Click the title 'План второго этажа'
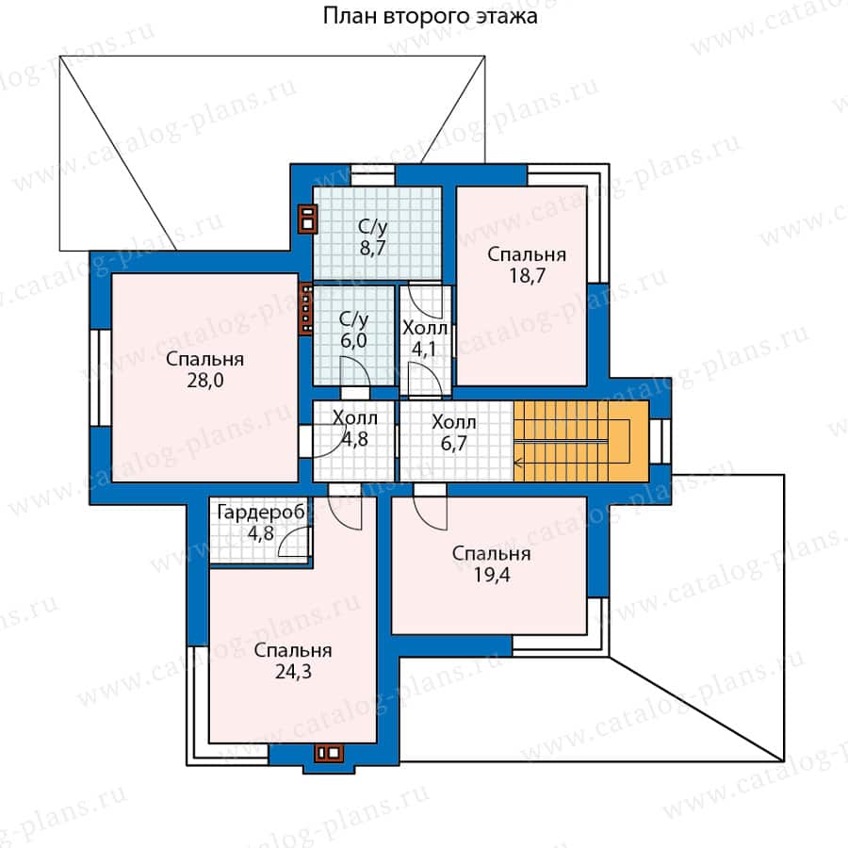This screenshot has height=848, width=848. point(430,16)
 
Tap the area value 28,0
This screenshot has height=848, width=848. point(205,381)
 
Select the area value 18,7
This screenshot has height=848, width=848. point(527,276)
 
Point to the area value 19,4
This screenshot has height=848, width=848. point(492,575)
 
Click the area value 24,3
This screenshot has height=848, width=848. point(293,672)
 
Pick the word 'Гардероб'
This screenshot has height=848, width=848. point(261,513)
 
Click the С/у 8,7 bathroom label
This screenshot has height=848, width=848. point(372,237)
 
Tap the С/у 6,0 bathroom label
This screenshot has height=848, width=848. point(353,330)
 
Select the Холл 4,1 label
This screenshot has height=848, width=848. point(425,339)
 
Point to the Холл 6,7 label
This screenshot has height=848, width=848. point(454,432)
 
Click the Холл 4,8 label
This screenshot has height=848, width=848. point(355,429)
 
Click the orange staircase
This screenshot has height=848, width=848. point(580,441)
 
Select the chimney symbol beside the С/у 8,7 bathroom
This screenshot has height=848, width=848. point(307,218)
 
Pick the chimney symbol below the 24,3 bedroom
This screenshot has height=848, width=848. point(329,752)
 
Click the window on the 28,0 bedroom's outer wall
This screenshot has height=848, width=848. point(100,378)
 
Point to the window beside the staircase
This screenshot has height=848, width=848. point(660,441)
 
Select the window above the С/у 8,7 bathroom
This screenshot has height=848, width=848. point(372,176)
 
